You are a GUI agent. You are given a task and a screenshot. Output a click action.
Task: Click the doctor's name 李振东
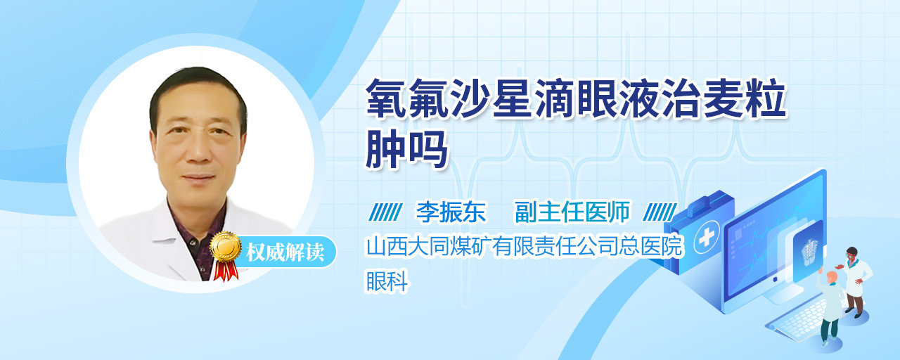pos(451,212)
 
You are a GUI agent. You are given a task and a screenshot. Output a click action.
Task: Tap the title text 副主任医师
pos(572,212)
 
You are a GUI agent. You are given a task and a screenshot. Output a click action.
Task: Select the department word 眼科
pos(387,281)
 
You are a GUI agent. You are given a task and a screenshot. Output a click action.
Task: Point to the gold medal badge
pos(226,246)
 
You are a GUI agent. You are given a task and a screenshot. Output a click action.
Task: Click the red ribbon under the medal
pos(226,271)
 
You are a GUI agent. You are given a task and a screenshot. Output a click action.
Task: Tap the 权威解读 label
pos(285,252)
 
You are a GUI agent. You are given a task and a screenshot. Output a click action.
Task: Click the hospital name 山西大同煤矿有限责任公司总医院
pos(525,246)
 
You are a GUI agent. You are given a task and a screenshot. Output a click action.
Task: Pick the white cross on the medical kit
pos(707,237)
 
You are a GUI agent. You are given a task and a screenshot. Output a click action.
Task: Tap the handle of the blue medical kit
pos(707,204)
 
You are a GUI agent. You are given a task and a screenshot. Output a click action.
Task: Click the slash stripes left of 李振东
pos(385,212)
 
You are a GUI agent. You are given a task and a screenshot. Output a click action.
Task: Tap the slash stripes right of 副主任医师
pos(660,212)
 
